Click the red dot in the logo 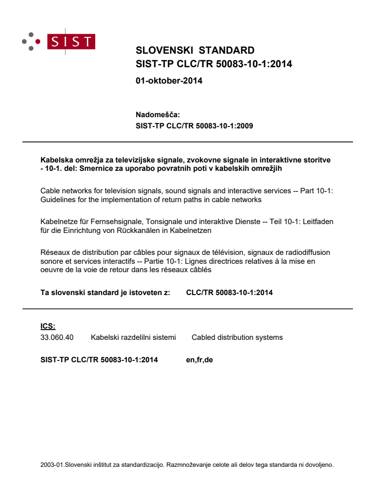(38, 42)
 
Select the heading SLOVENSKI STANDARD (195, 50)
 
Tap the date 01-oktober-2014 (169, 80)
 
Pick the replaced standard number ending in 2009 (194, 126)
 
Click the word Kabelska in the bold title (55, 160)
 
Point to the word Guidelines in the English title (57, 199)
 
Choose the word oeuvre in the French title (51, 269)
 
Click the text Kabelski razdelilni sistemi (133, 337)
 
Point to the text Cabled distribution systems (237, 337)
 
